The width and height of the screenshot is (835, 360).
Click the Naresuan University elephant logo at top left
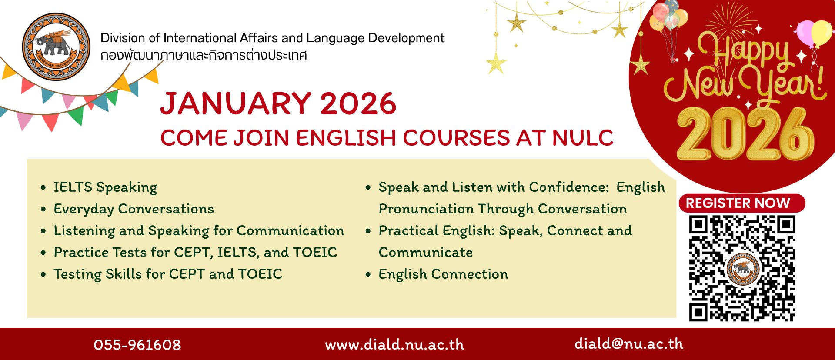(x=56, y=47)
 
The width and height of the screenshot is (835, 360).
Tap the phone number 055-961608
(x=137, y=345)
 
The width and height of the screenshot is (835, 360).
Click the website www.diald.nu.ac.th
(x=394, y=345)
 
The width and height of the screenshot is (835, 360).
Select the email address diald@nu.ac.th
(x=628, y=343)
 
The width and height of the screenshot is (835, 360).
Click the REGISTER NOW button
(x=741, y=203)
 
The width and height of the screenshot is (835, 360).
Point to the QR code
(x=742, y=268)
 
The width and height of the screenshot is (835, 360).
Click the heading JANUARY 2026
(x=278, y=103)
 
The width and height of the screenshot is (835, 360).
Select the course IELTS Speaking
(x=105, y=187)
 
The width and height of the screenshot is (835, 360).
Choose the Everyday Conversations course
(x=134, y=209)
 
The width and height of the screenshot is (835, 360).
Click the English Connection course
(x=443, y=274)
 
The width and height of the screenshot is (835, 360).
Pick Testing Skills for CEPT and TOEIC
(x=168, y=274)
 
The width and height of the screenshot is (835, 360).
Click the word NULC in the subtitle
(x=583, y=138)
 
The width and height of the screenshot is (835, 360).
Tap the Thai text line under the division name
(x=204, y=55)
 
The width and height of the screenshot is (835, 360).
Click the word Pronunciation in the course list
(x=426, y=209)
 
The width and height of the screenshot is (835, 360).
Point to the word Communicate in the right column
(x=426, y=252)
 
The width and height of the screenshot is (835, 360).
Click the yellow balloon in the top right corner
(x=822, y=32)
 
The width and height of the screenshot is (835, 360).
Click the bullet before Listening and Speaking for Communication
(x=43, y=231)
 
